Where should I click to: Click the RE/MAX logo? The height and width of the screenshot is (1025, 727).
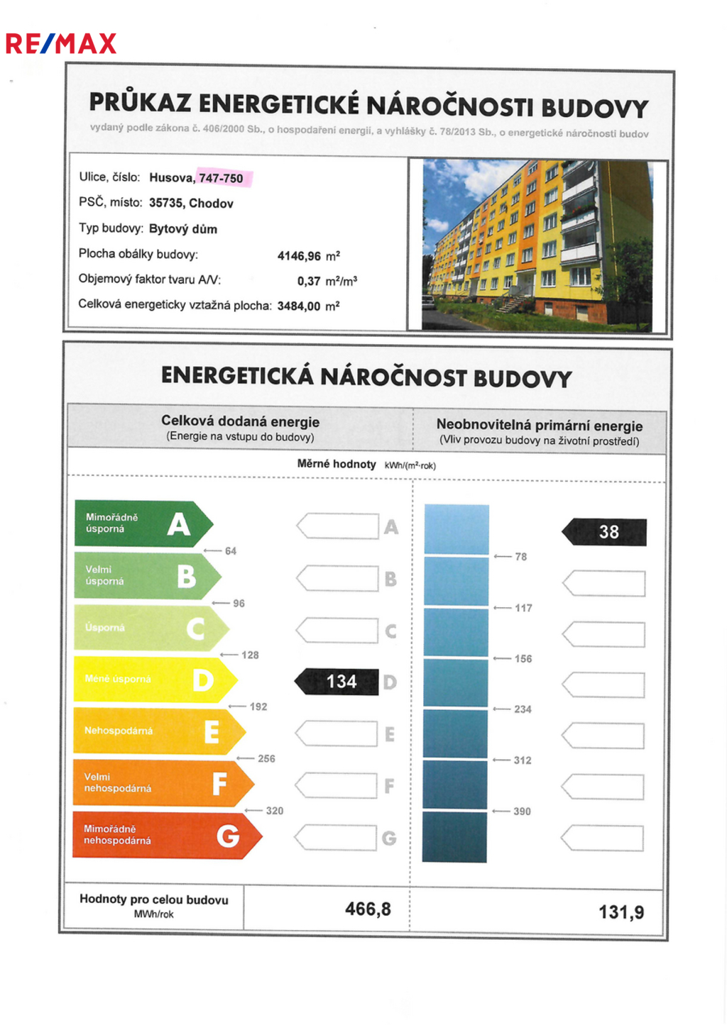(x=60, y=44)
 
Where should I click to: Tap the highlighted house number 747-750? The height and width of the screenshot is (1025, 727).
(x=221, y=178)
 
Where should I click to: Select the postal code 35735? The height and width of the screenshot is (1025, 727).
(x=165, y=204)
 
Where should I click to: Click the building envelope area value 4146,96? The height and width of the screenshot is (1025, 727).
(x=299, y=256)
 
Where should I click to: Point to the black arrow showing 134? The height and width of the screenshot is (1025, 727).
(x=337, y=682)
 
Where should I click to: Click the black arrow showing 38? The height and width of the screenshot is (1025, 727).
(x=606, y=532)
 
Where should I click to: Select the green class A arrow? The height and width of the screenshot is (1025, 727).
(x=142, y=524)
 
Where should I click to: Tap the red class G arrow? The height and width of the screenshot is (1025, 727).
(x=165, y=835)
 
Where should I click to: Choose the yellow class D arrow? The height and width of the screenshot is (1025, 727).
(x=153, y=680)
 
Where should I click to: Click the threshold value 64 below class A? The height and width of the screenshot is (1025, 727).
(x=231, y=551)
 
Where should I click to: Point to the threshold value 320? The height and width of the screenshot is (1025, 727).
(x=275, y=811)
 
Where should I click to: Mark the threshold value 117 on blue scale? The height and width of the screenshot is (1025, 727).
(x=523, y=608)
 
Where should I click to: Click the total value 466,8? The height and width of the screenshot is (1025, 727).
(x=368, y=909)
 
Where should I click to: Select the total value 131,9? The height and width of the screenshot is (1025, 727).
(x=621, y=912)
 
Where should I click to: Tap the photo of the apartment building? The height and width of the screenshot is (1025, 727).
(x=537, y=245)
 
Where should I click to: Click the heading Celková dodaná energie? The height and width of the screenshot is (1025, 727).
(x=240, y=421)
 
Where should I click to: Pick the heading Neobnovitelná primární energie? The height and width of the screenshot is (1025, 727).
(x=540, y=426)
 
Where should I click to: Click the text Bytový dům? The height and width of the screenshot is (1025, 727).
(x=183, y=229)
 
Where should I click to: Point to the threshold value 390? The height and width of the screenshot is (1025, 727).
(x=522, y=811)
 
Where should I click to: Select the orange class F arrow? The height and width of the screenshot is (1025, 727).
(x=162, y=783)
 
